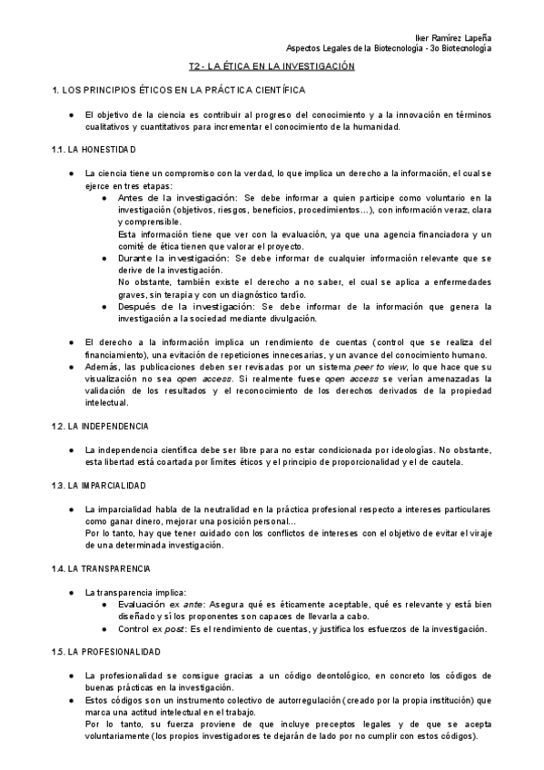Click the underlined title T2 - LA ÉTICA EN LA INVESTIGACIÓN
coord(271,67)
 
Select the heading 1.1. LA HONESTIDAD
coord(94,149)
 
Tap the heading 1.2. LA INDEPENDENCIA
coord(101,426)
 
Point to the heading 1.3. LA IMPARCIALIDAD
coord(99,485)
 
